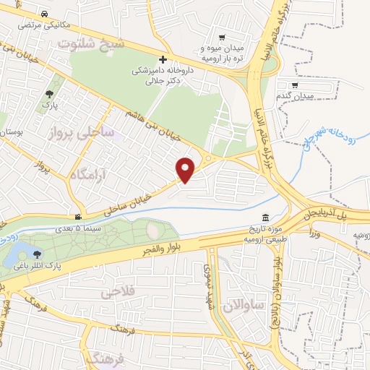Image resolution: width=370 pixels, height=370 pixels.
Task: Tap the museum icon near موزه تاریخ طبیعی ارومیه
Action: click(x=267, y=218)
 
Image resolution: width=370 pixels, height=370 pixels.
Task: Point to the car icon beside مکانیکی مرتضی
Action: click(x=45, y=14)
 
